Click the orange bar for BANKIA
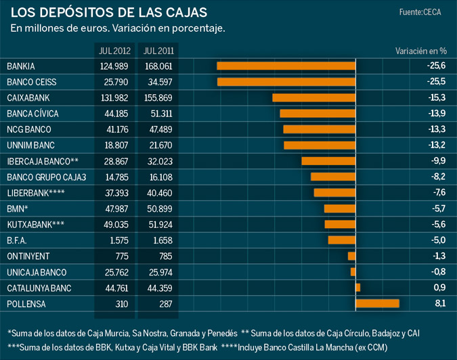(286, 66)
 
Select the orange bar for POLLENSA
(378, 304)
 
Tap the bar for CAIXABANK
(314, 97)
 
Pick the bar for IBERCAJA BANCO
(328, 161)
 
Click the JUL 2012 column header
(114, 51)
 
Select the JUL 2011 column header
(158, 51)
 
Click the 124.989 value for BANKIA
(114, 66)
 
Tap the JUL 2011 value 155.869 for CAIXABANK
(158, 98)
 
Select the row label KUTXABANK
(35, 225)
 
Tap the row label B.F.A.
(16, 240)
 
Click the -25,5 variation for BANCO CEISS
(436, 82)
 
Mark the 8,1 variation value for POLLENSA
(440, 305)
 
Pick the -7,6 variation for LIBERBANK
(438, 193)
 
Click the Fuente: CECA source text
(420, 12)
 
